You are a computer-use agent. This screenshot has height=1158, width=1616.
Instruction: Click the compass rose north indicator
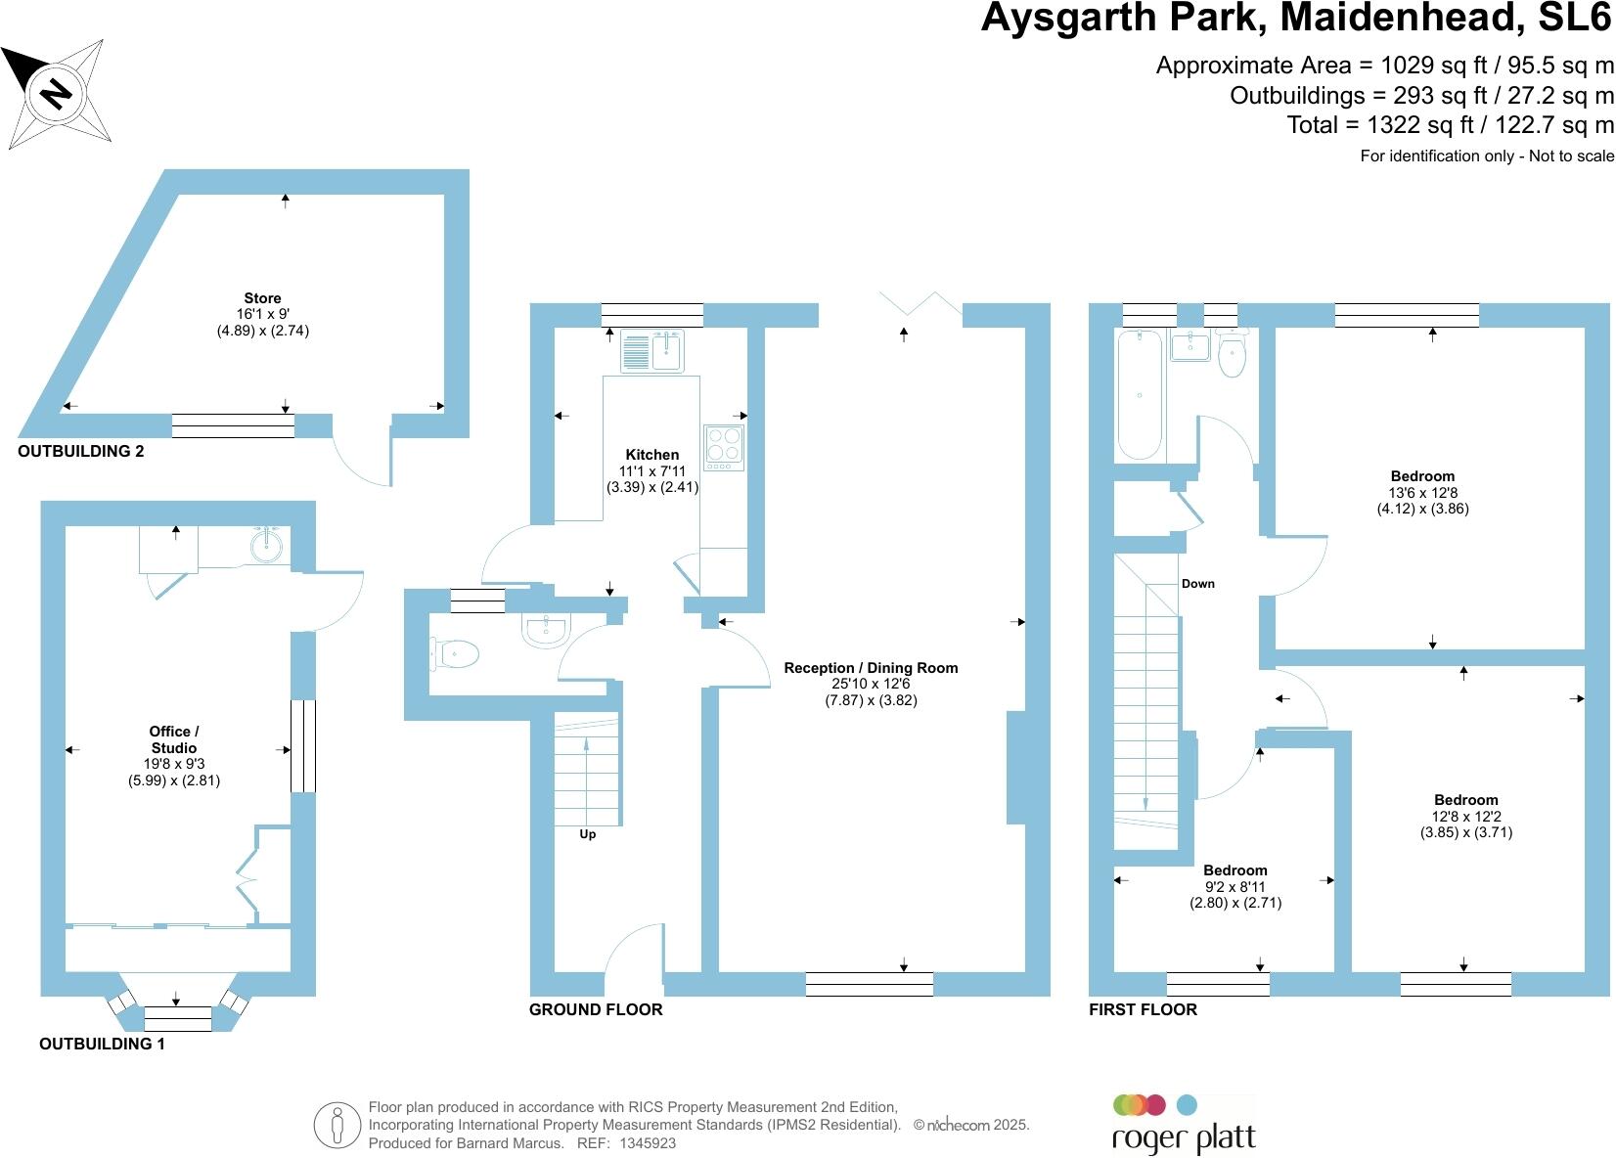57,94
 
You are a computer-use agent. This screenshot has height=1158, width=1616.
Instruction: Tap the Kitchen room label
651,455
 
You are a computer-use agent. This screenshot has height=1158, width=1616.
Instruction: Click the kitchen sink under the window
652,352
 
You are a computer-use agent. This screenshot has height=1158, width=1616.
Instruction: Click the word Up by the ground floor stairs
587,834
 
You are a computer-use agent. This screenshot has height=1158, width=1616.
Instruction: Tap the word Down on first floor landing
1197,584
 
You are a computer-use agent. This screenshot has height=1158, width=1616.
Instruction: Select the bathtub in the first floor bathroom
1140,394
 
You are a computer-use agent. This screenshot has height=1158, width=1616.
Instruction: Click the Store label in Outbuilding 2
262,298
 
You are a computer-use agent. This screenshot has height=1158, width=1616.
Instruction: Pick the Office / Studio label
174,739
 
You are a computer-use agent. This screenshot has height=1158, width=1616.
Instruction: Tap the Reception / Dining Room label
871,668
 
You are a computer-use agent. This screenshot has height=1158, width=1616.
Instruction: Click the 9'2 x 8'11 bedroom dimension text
1235,887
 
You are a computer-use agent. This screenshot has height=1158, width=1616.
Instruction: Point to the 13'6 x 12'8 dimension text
1422,493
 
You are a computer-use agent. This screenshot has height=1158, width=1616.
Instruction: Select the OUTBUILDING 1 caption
102,1044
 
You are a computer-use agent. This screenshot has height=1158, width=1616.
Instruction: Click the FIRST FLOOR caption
1143,1009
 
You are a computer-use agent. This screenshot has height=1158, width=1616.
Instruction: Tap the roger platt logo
1184,1125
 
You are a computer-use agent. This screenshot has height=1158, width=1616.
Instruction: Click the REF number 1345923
647,1142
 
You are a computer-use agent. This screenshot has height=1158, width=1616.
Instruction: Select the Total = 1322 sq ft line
1450,125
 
